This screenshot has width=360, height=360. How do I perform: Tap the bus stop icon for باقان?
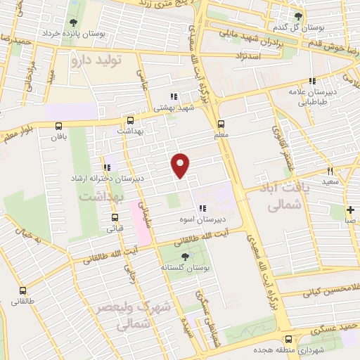pyautogui.click(x=58, y=126)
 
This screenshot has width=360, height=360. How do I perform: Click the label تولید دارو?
pyautogui.click(x=97, y=61)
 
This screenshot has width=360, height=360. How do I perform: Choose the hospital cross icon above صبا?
pyautogui.click(x=350, y=210)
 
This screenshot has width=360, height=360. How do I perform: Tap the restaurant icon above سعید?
pyautogui.click(x=329, y=171)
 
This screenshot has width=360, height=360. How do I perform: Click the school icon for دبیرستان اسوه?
pyautogui.click(x=202, y=208)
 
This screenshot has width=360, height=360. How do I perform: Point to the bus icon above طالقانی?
pyautogui.click(x=23, y=290)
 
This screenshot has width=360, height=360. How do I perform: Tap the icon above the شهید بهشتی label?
pyautogui.click(x=173, y=97)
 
